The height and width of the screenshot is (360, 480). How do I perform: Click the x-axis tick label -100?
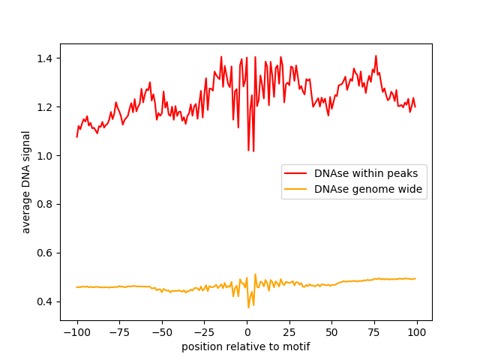coord(76,333)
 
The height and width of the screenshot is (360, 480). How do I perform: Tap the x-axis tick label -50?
coord(162,333)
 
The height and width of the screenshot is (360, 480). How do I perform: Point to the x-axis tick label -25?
coord(204,333)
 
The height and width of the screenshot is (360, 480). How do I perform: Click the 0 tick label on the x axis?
coord(247,333)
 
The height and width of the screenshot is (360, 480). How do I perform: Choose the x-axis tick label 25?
coord(289,333)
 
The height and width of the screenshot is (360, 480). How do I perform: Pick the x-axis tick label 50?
coord(332,333)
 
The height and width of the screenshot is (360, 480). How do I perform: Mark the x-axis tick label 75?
coord(375,333)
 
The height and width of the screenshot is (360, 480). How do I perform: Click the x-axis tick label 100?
coord(417,333)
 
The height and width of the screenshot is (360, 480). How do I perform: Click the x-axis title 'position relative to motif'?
coord(246,346)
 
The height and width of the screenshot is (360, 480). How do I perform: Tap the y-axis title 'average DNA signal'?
coord(26,182)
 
